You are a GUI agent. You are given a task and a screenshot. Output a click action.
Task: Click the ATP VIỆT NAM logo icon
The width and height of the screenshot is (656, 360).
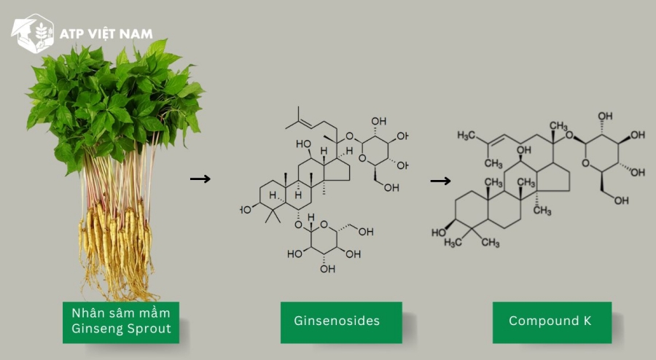(x=33, y=34)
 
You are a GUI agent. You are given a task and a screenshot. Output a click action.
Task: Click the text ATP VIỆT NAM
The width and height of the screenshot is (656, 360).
(x=106, y=34)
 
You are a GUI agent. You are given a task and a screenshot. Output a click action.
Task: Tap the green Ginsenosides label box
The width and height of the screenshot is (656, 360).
(x=341, y=322)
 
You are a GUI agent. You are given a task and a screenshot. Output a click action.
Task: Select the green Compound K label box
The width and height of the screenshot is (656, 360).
(x=552, y=322)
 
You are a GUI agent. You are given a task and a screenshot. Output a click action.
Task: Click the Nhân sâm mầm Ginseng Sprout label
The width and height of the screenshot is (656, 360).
(x=121, y=322)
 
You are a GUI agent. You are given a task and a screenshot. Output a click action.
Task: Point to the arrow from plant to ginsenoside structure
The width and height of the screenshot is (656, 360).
(x=200, y=179)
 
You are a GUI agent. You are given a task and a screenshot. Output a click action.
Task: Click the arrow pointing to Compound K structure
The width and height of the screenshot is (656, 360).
(x=440, y=181)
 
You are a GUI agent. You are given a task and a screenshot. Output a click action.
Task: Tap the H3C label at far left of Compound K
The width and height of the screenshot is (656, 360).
(x=466, y=135)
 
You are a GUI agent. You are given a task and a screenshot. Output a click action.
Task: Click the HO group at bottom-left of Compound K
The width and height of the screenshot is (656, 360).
(x=439, y=232)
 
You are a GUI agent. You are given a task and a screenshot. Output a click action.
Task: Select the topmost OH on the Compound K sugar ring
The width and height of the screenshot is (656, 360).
(x=605, y=117)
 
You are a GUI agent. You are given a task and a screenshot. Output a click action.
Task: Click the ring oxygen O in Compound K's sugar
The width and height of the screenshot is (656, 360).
(x=586, y=163)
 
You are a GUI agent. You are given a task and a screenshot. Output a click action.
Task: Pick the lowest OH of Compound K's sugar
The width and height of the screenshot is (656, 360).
(x=622, y=200)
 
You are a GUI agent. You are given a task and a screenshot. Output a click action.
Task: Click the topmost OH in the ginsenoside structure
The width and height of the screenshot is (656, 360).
(x=378, y=121)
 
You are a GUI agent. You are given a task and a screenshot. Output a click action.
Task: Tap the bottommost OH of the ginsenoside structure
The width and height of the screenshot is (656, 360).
(x=327, y=269)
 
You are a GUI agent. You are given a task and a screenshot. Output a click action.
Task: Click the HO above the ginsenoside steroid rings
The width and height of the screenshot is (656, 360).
(x=303, y=144)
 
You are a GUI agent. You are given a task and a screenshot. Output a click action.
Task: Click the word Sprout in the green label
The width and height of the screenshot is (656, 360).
(x=149, y=329)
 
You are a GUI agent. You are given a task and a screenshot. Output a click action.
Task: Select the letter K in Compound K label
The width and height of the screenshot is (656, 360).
(x=587, y=321)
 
